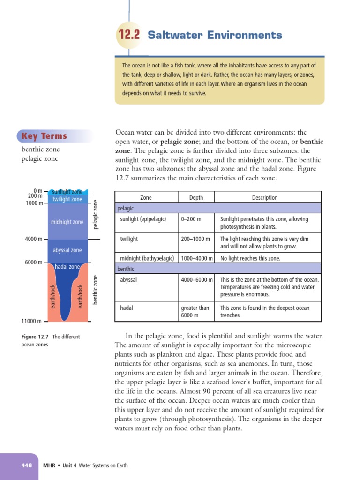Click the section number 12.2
point(129,35)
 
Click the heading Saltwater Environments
point(215,35)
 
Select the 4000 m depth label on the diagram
point(34,239)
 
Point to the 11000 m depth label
point(32,321)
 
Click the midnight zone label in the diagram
point(67,222)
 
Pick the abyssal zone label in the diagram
point(67,250)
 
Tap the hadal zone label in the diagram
point(67,267)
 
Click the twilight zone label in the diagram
point(67,199)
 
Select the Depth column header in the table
point(196,197)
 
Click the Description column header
point(264,197)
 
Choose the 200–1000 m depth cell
point(195,239)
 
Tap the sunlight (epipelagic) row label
point(143,219)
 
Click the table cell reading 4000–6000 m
point(196,280)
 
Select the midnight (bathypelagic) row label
point(147,258)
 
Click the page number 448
point(26,465)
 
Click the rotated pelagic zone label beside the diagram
point(96,214)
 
